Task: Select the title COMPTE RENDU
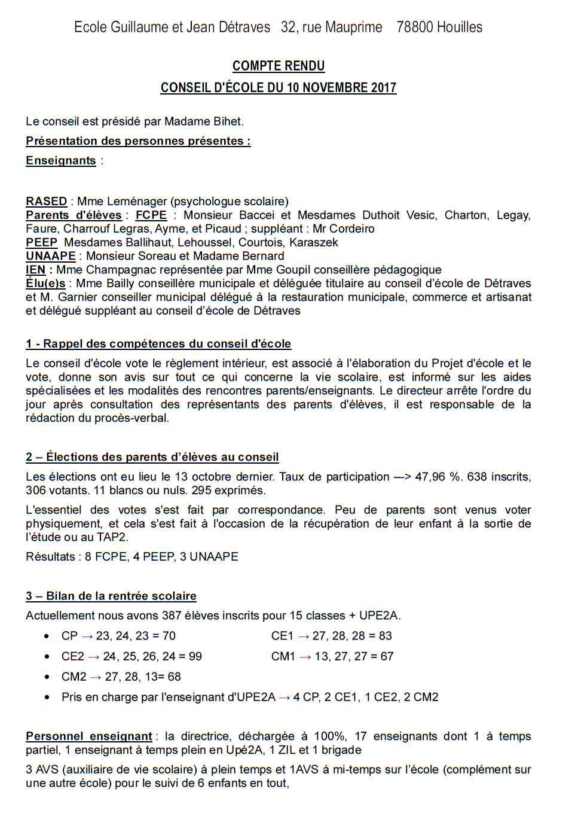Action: point(279,66)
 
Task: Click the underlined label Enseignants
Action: point(61,160)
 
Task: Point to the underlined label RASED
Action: point(46,201)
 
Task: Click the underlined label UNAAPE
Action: point(51,256)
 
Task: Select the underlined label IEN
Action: point(35,270)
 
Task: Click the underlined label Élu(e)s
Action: point(45,284)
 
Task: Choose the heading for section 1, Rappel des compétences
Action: point(158,343)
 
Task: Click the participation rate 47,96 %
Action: point(438,477)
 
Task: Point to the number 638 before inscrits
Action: point(476,477)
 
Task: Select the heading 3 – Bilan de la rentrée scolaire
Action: point(111,596)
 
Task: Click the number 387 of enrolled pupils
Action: point(172,616)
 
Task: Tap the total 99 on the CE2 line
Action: point(195,656)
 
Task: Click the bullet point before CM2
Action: point(47,677)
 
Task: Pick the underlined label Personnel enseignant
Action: point(89,736)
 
